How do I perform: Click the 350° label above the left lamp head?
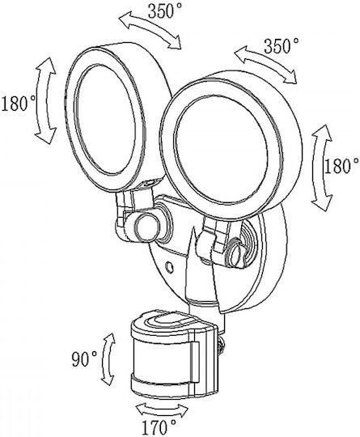click(x=165, y=11)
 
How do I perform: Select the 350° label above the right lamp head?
click(x=282, y=46)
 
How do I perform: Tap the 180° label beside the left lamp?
click(x=18, y=104)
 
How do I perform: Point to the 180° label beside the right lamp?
click(x=341, y=167)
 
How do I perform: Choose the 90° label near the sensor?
click(x=84, y=359)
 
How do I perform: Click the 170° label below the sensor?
click(x=159, y=427)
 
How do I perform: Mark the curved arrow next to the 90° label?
click(x=108, y=359)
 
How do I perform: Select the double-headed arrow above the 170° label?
click(x=162, y=409)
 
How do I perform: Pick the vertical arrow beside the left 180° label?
click(x=44, y=100)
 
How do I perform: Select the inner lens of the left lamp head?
click(x=105, y=120)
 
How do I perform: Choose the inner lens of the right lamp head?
click(x=221, y=153)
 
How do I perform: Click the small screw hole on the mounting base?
click(x=169, y=268)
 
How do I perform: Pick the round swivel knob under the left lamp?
click(x=147, y=227)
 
